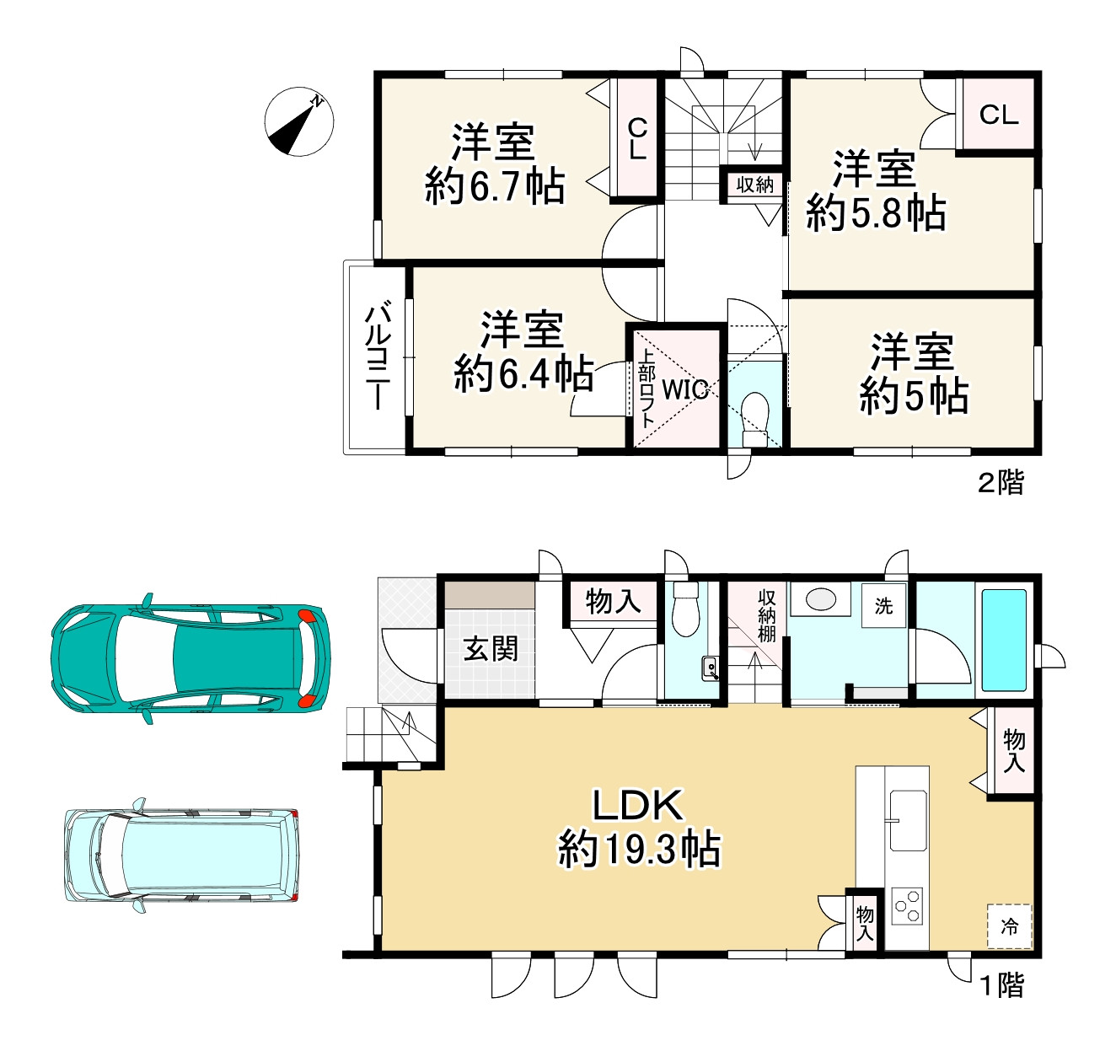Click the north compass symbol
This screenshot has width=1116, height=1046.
point(299,122)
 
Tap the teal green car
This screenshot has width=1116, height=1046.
point(190,658)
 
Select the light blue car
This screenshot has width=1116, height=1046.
point(181,856)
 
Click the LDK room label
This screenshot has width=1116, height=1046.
point(638,806)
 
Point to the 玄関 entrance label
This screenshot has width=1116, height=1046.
point(491,649)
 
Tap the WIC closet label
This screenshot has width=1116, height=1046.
point(685,389)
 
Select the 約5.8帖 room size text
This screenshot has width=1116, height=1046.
point(876,212)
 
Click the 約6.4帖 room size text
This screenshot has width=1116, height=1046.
point(523,373)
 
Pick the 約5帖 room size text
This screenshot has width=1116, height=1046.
point(914,396)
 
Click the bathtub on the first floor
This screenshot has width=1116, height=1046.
point(1004,641)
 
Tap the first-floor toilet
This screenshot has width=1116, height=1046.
point(685,609)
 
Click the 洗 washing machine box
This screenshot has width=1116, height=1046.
point(884,606)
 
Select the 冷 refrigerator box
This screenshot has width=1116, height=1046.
point(1009,926)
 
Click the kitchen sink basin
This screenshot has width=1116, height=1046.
point(908,820)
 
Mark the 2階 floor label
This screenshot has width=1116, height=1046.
point(1001,482)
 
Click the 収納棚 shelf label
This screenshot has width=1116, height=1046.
point(767,615)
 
